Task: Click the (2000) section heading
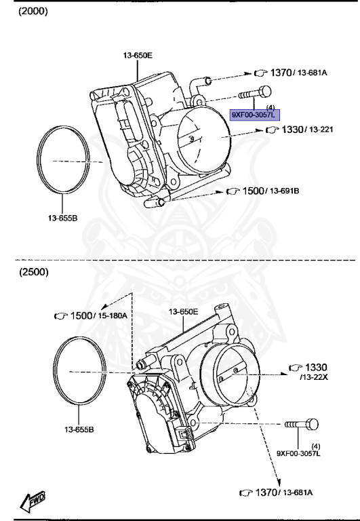coord(33,12)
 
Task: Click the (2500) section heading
coord(34,272)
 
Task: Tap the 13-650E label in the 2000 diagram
coord(138,55)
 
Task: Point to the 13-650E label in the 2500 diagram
coord(183,311)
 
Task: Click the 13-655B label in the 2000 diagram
coord(63,218)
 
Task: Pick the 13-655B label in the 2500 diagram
coord(79,429)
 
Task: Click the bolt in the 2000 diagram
coord(255,94)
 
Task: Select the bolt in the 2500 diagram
coord(302,424)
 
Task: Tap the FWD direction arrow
coord(33,500)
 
